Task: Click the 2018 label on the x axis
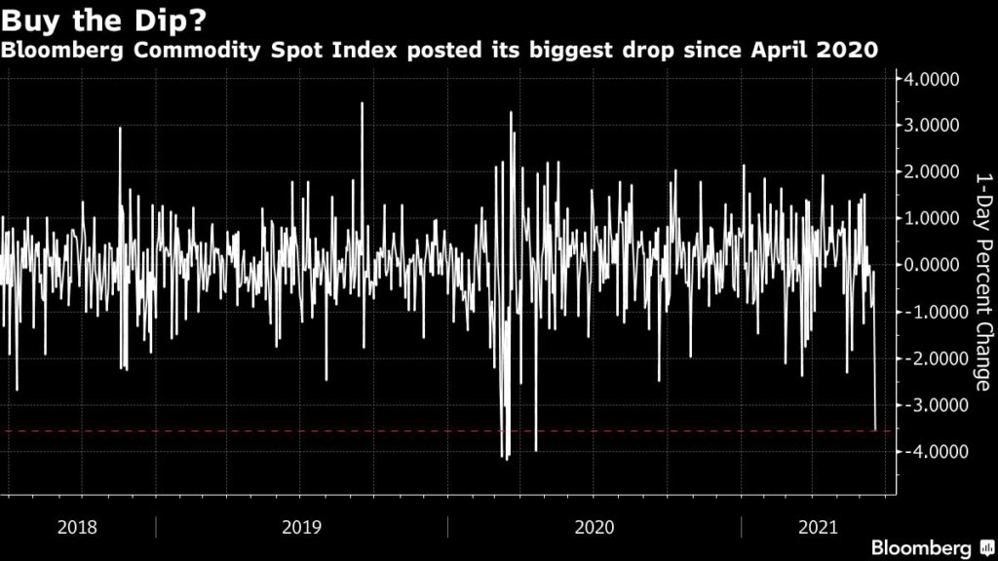tap(77, 528)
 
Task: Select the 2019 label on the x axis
tap(301, 528)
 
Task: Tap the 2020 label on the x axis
tap(595, 528)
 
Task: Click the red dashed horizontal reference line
tap(292, 430)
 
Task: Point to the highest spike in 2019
tap(362, 104)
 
